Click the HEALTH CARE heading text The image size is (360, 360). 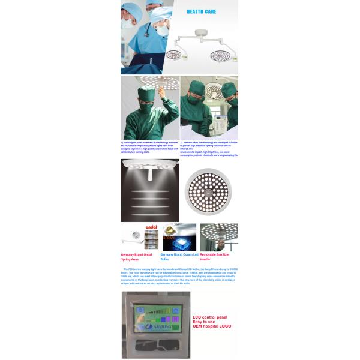pos(202,11)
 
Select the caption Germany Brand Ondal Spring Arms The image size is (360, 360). pos(136,256)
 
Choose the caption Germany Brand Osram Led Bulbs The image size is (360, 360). pos(178,256)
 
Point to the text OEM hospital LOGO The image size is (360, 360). pos(212,326)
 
